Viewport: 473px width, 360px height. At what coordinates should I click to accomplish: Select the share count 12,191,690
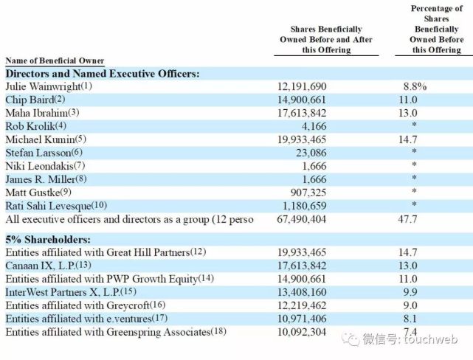click(x=302, y=87)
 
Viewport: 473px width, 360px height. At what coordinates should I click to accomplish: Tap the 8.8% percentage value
click(x=415, y=86)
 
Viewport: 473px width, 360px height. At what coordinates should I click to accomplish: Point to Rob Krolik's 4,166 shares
click(x=314, y=126)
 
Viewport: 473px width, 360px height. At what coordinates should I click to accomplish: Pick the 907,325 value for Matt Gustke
click(x=308, y=193)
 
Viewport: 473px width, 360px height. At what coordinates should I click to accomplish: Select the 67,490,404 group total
click(x=302, y=219)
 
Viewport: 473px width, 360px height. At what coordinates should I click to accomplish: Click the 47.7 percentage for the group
click(x=407, y=219)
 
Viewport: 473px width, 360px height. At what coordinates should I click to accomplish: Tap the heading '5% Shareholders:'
click(x=48, y=240)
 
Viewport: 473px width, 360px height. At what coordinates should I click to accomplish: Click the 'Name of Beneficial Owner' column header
click(x=55, y=60)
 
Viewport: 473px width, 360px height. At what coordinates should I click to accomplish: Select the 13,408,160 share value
click(x=302, y=292)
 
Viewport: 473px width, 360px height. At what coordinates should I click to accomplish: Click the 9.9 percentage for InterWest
click(x=410, y=292)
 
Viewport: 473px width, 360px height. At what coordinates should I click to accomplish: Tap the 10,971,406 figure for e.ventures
click(x=302, y=319)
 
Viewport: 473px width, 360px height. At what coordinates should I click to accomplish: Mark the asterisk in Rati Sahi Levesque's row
click(x=414, y=204)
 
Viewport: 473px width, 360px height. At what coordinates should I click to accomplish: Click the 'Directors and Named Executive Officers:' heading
click(x=103, y=74)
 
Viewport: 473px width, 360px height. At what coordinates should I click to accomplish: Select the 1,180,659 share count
click(x=304, y=206)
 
